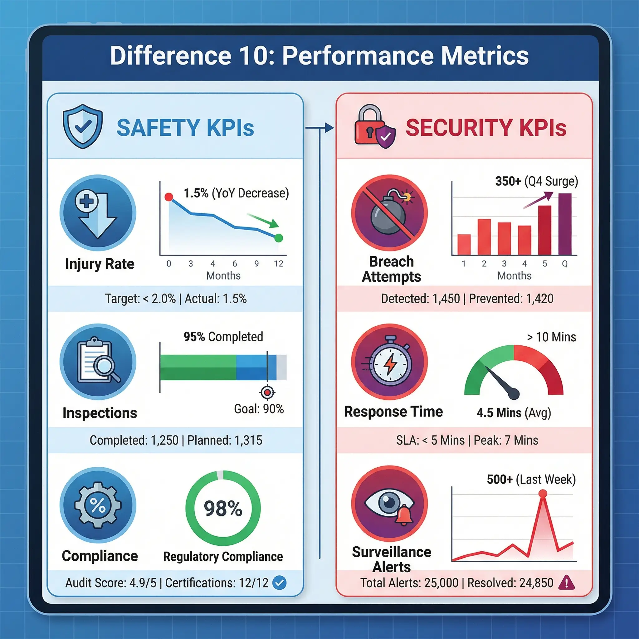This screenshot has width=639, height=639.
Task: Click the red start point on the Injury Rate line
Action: [x=169, y=197]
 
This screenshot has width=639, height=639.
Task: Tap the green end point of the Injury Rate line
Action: [x=279, y=238]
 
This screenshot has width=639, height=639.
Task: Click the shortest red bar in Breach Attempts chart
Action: [x=464, y=244]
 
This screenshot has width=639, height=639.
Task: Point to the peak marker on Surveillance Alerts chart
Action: [x=543, y=494]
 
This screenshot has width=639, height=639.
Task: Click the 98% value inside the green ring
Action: [x=223, y=509]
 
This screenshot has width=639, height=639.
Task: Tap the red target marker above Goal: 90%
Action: [x=267, y=393]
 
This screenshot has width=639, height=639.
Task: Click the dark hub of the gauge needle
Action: [x=514, y=394]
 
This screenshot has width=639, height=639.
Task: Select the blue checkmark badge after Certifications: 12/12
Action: [x=280, y=583]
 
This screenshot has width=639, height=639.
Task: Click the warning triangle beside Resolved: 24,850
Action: [x=567, y=583]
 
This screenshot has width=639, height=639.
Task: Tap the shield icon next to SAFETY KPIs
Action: [x=83, y=127]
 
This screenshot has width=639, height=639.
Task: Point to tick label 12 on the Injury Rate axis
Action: [x=279, y=264]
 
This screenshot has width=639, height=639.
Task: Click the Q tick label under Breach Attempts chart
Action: [x=565, y=264]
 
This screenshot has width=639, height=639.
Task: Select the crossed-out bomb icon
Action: [x=389, y=213]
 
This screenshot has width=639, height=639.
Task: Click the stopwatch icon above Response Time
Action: [x=389, y=362]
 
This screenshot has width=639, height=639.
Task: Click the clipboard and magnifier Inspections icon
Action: [x=98, y=362]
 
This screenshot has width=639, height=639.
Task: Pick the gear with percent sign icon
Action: [x=98, y=505]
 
